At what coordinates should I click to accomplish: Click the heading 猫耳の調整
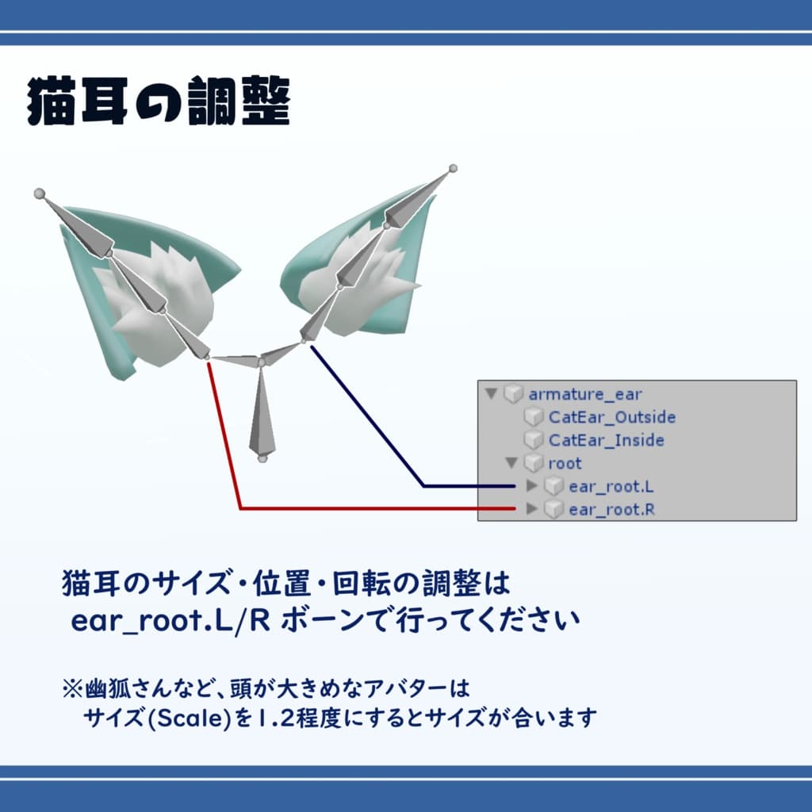[159, 102]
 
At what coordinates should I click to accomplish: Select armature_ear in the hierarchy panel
[585, 394]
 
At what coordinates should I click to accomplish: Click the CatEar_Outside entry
[611, 417]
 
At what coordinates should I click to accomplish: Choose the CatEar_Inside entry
[606, 440]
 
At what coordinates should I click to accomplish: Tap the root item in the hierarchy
[565, 463]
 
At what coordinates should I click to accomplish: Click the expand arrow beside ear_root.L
[532, 486]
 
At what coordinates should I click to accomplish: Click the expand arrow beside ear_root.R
[532, 509]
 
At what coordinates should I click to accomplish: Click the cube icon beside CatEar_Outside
[534, 417]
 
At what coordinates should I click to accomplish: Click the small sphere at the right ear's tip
[453, 168]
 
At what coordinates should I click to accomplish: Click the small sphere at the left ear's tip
[39, 193]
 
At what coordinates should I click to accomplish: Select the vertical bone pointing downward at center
[262, 412]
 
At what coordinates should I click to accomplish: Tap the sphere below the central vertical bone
[262, 459]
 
